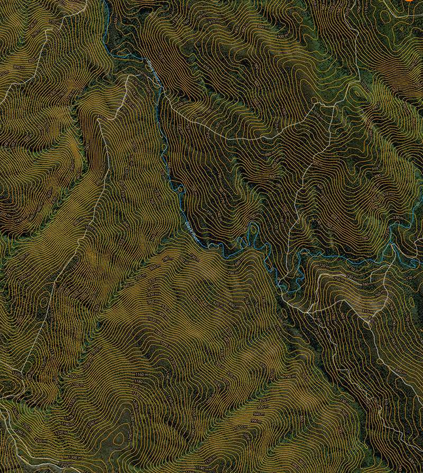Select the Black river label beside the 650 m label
click(153, 66)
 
